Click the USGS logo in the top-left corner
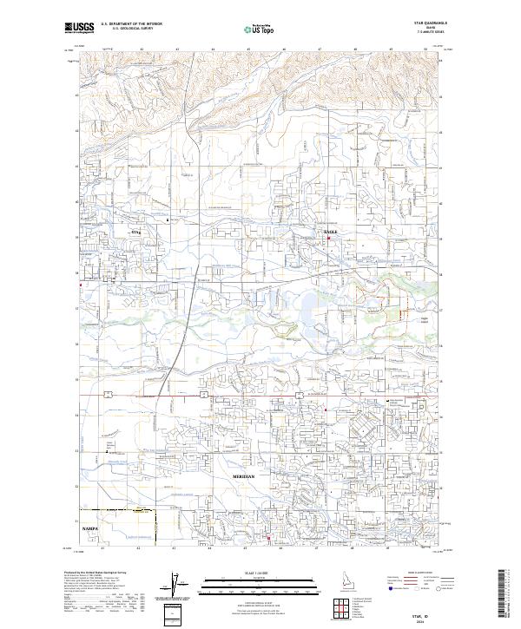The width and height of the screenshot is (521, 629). click(x=79, y=28)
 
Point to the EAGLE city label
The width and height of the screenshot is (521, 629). click(x=330, y=233)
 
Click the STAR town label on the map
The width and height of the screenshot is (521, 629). click(x=135, y=233)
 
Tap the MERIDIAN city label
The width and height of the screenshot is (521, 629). click(x=246, y=478)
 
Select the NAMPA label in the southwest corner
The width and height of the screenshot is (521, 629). click(x=91, y=527)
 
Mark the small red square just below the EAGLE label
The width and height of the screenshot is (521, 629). click(x=328, y=240)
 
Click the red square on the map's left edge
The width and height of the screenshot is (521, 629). click(x=81, y=285)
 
